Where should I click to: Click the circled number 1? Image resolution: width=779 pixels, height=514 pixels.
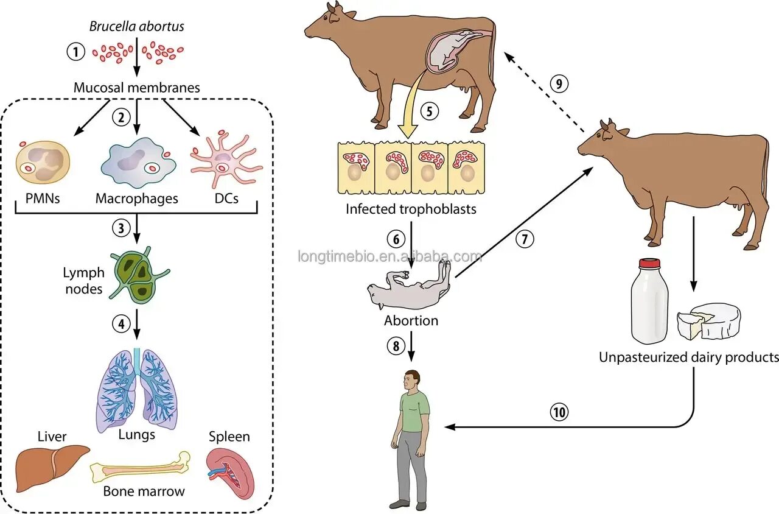tap(75, 52)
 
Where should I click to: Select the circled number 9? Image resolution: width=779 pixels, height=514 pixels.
tap(559, 83)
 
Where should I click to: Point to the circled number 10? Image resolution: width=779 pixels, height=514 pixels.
tap(559, 413)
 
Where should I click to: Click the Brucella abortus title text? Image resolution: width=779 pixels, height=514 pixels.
tap(136, 26)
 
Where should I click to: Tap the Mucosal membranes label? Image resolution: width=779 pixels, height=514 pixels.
tap(136, 87)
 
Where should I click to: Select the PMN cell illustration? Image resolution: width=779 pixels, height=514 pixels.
tap(42, 164)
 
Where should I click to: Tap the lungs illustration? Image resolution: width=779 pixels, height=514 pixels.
tap(137, 390)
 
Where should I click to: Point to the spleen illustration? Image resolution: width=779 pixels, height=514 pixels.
tap(229, 473)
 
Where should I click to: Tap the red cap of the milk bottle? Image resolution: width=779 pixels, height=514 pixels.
tap(649, 264)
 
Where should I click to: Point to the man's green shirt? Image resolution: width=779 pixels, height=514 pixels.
tap(414, 411)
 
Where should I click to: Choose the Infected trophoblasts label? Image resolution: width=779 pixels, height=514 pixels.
tap(411, 209)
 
